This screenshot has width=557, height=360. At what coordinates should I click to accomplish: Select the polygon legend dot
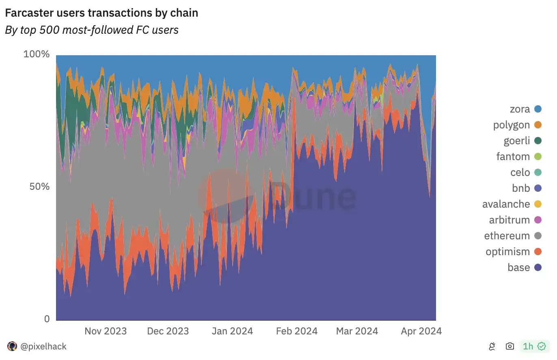538,125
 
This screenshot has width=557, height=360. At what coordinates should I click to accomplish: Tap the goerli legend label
517,141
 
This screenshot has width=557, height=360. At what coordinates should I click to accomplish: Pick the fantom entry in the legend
513,156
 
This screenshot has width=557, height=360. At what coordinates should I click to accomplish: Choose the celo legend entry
520,172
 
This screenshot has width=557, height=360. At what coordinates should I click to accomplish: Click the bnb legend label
521,188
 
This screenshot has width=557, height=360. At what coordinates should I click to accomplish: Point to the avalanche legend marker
538,204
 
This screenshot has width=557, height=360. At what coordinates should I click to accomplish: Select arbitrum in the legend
510,220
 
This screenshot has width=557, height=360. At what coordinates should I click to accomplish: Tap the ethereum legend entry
507,236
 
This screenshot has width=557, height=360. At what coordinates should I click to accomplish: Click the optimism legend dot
538,252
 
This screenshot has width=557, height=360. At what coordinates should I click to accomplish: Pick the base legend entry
518,267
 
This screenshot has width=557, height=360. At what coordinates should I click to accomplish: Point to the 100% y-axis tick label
37,54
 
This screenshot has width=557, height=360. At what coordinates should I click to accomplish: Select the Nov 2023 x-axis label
106,331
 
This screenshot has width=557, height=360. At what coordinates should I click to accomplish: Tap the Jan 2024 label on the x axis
232,331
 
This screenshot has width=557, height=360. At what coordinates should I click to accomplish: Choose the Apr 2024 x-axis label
421,331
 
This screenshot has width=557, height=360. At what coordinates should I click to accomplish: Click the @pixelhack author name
43,347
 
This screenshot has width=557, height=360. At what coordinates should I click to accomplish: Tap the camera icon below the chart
510,347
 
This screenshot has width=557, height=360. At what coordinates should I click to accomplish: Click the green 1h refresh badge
534,347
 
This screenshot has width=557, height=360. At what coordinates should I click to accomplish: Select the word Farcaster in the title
28,13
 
